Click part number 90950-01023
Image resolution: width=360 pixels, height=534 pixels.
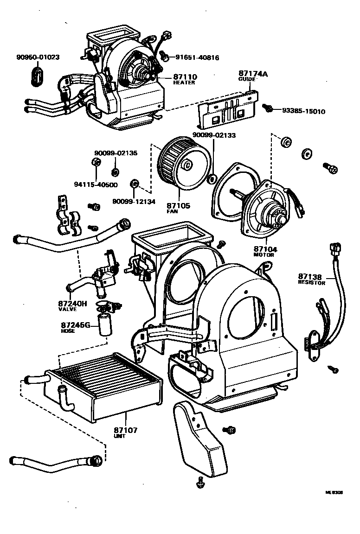click(38, 57)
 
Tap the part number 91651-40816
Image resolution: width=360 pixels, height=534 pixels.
click(197, 58)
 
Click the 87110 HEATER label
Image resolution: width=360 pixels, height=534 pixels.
click(185, 79)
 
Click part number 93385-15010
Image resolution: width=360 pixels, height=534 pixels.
click(303, 111)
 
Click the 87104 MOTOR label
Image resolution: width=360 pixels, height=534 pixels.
click(264, 251)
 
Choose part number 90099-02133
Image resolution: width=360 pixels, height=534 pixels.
click(214, 136)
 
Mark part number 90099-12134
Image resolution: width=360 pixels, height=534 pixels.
click(134, 201)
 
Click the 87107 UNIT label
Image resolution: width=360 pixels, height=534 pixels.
click(125, 432)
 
